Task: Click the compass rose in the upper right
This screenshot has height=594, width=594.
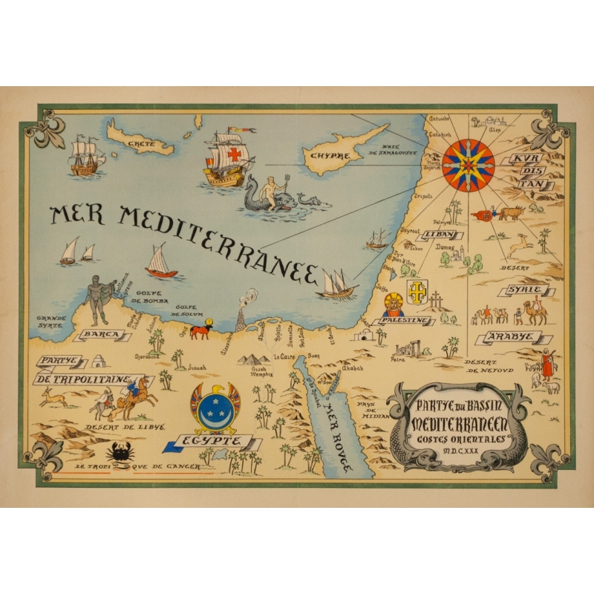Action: pyautogui.click(x=469, y=165)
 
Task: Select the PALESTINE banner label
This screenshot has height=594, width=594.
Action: pyautogui.click(x=405, y=320)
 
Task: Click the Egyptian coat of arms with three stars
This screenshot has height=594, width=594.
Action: pyautogui.click(x=215, y=407)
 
